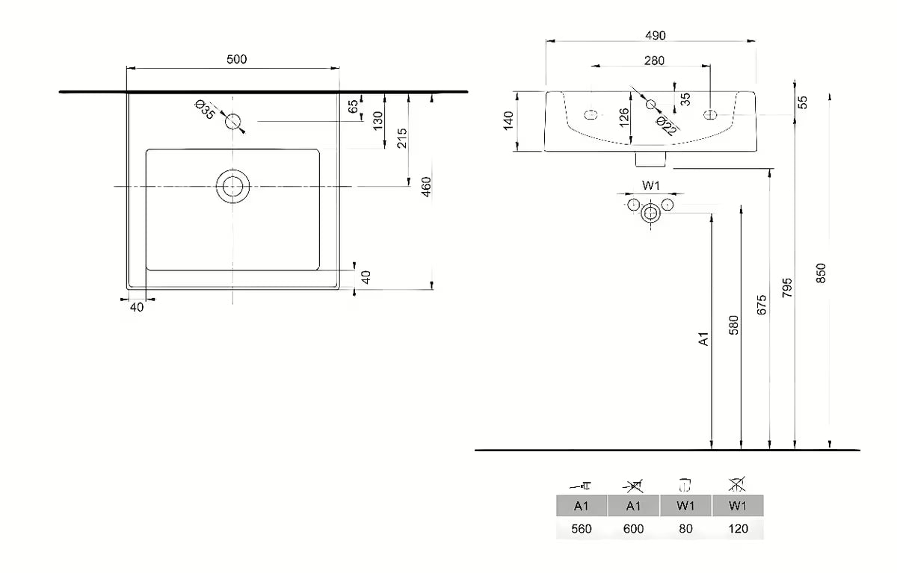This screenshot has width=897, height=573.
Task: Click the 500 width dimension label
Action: point(236,60)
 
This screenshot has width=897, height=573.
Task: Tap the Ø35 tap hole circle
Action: point(235,121)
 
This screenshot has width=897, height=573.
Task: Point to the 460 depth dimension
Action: point(425,187)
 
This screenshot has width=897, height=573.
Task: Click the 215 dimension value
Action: point(401,137)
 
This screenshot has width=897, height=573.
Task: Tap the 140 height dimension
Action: point(509,120)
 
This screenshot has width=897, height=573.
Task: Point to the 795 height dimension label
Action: point(788,288)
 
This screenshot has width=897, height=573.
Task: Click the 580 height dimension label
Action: point(733,325)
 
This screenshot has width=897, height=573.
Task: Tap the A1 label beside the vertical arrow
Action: point(703,340)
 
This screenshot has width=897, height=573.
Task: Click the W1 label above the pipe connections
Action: point(650,185)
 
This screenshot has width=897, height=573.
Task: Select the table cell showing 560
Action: point(582,529)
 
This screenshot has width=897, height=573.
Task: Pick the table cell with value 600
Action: point(633,529)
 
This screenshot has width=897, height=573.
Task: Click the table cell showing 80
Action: point(685,529)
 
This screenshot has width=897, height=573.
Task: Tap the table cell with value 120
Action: point(738,529)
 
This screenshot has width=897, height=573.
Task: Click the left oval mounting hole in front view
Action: point(591,115)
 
